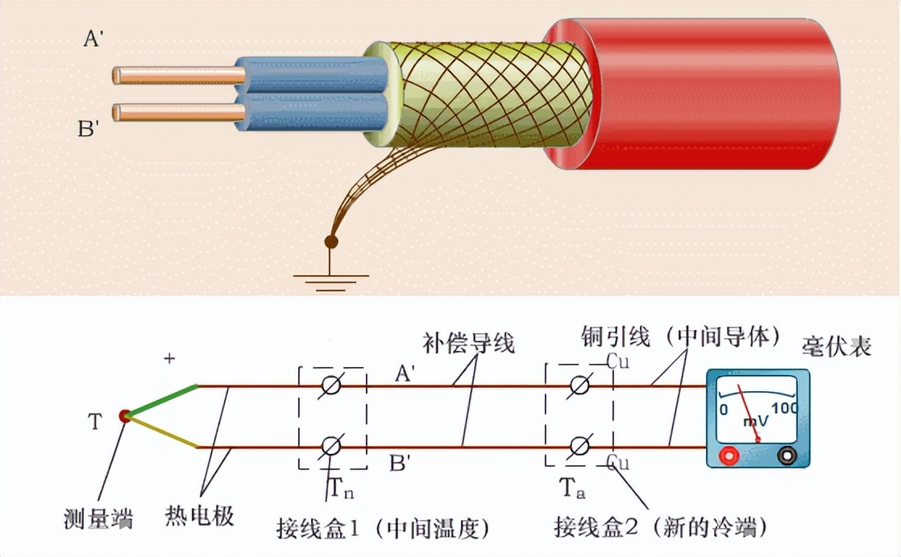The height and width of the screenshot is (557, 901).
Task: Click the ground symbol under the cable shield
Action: pyautogui.click(x=330, y=278)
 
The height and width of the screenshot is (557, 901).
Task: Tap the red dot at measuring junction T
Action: pyautogui.click(x=124, y=415)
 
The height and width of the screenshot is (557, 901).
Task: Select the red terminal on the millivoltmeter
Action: pyautogui.click(x=731, y=456)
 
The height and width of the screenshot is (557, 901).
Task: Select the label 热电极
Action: pyautogui.click(x=199, y=515)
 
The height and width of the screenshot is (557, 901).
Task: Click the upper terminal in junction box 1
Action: pyautogui.click(x=331, y=387)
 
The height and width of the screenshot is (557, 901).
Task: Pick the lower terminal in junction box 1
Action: pyautogui.click(x=331, y=445)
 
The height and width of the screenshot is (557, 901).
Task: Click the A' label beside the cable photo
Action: pyautogui.click(x=93, y=38)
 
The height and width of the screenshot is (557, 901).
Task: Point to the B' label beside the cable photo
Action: pyautogui.click(x=88, y=128)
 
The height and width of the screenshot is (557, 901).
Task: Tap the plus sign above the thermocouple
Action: pyautogui.click(x=169, y=359)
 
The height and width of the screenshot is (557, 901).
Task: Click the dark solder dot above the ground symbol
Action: pyautogui.click(x=330, y=241)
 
